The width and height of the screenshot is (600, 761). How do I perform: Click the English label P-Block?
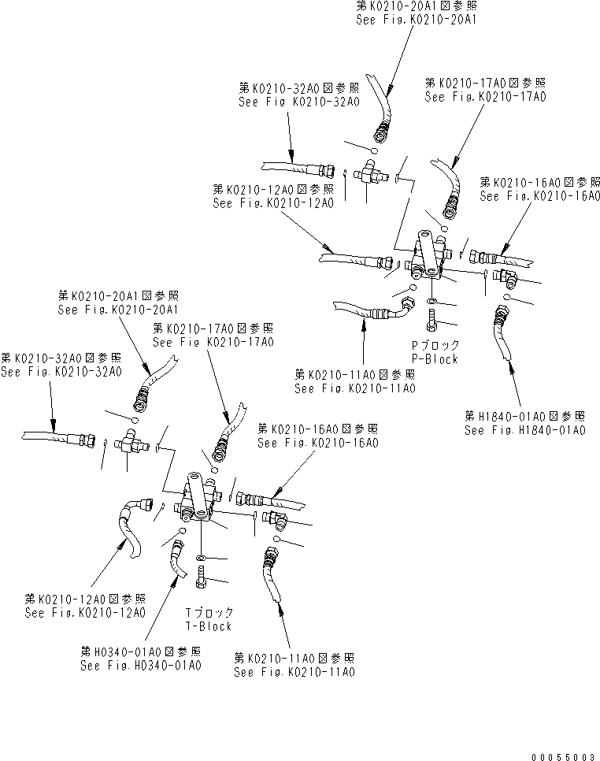[435, 359]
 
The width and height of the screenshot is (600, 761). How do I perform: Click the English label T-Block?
[209, 626]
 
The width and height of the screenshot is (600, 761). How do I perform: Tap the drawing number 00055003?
[563, 754]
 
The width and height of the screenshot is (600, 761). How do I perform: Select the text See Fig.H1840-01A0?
[525, 430]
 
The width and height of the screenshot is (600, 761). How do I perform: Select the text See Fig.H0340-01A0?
[140, 666]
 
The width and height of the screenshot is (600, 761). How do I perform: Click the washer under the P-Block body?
[431, 302]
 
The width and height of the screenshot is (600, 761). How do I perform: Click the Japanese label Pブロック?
[435, 345]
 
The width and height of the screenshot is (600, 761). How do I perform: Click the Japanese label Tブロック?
[209, 612]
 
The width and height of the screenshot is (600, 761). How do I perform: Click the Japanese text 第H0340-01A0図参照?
[140, 651]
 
